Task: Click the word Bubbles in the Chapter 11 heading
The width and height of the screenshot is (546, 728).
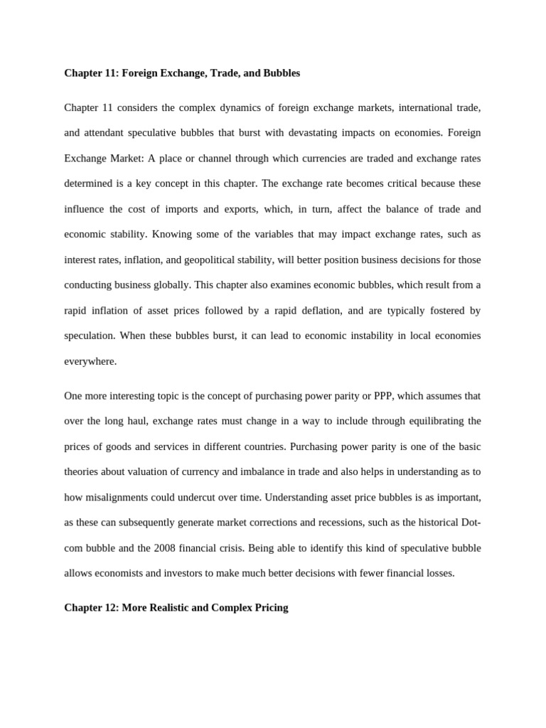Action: (x=280, y=73)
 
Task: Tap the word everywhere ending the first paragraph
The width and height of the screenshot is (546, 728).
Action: (x=90, y=361)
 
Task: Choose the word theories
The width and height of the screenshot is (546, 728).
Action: (x=82, y=471)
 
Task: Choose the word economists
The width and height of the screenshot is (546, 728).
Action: (x=122, y=572)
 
